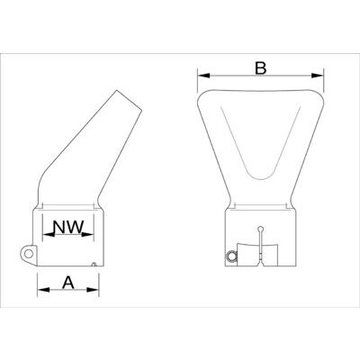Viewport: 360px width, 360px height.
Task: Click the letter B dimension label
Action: click(x=260, y=67)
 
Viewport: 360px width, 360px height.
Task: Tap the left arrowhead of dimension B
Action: click(x=201, y=76)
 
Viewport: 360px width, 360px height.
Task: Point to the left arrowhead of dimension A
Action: click(x=40, y=292)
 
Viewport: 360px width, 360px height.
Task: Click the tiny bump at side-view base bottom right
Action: click(x=95, y=264)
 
